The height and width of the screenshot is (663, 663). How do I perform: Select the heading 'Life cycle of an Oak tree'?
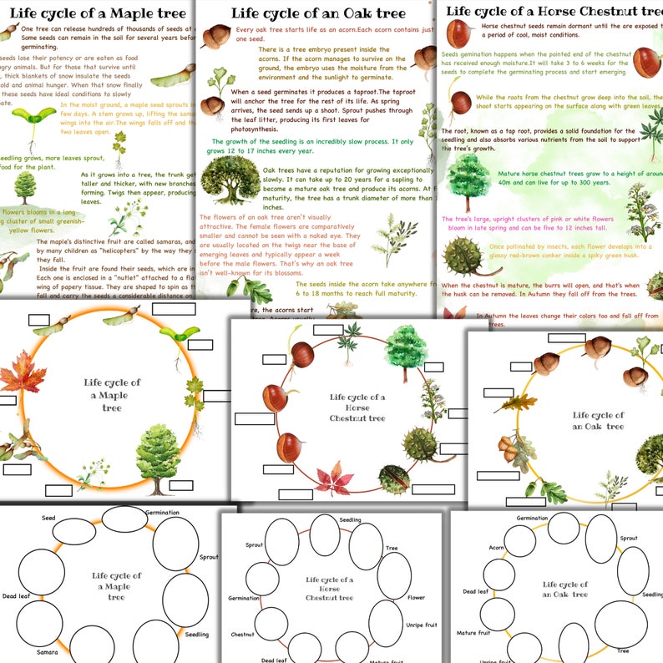[318, 13]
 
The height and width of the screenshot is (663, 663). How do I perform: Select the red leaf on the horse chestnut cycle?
[334, 479]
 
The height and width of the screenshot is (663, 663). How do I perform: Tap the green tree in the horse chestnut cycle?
[407, 344]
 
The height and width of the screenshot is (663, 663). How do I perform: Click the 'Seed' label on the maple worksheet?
[48, 519]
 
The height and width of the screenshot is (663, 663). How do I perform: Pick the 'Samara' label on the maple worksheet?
[47, 652]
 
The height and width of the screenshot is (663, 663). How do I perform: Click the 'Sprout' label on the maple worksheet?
[209, 557]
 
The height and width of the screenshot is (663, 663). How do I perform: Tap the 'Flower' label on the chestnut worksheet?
[416, 597]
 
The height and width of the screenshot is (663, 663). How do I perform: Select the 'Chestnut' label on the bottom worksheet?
[242, 635]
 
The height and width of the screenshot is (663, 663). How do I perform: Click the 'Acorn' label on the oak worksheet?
[496, 549]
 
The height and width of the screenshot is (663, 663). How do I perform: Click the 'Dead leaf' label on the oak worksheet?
[476, 591]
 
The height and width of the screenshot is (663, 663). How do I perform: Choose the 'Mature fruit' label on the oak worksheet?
[473, 633]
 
